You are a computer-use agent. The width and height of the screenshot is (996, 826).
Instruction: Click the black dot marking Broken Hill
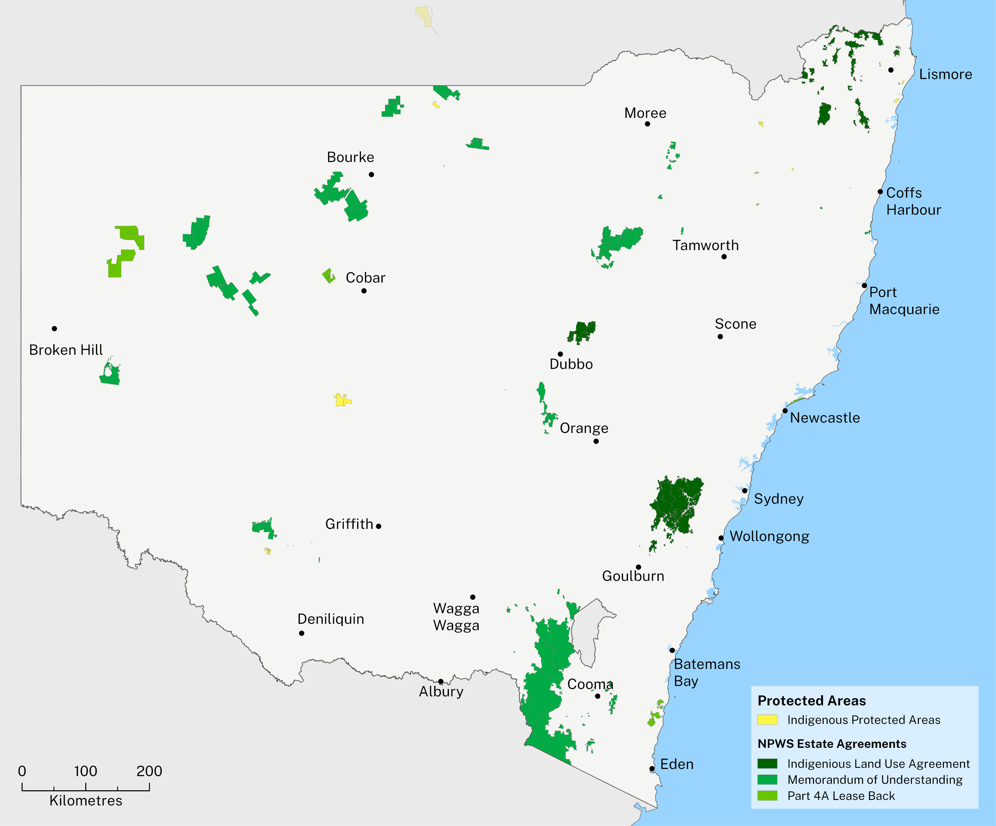[x=55, y=328]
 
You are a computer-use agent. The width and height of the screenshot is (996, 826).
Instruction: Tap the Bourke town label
[x=350, y=157]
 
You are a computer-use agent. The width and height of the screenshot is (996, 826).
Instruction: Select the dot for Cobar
[x=364, y=291]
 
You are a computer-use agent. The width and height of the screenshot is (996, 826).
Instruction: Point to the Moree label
[x=645, y=113]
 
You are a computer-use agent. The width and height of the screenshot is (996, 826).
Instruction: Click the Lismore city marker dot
[x=891, y=70]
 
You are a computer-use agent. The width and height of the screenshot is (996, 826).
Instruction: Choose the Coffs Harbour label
[x=913, y=201]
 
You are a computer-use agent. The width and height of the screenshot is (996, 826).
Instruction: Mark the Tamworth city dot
[x=724, y=257]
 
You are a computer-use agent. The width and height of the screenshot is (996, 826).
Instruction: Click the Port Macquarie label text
[x=903, y=300]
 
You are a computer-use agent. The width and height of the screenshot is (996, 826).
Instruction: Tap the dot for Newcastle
[x=785, y=411]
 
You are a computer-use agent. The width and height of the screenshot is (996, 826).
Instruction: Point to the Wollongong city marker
[x=721, y=538]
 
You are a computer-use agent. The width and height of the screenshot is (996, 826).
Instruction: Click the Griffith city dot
[x=378, y=526]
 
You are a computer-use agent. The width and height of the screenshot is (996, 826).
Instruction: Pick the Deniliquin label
[x=331, y=619]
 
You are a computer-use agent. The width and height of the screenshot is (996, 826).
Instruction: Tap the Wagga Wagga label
[x=456, y=617]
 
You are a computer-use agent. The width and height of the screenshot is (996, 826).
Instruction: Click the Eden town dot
[x=652, y=769]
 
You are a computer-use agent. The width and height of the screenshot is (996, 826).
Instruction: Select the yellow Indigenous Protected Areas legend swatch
[x=767, y=720]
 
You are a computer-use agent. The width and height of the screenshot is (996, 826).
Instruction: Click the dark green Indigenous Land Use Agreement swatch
[x=767, y=763]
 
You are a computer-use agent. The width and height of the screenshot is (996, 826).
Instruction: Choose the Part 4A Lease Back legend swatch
[x=767, y=796]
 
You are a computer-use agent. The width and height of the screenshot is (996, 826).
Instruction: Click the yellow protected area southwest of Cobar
[x=342, y=400]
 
